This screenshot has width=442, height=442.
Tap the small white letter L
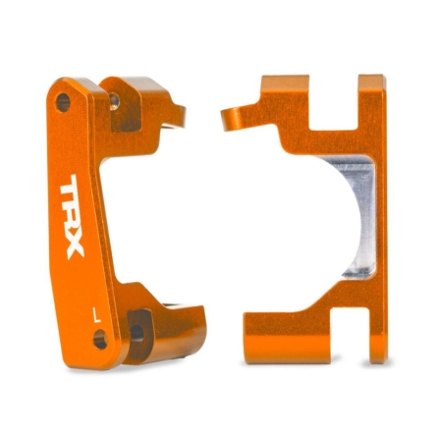(x=93, y=315)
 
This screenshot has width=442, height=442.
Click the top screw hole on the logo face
(x=64, y=101)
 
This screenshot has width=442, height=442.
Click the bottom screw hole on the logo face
(x=100, y=341)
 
